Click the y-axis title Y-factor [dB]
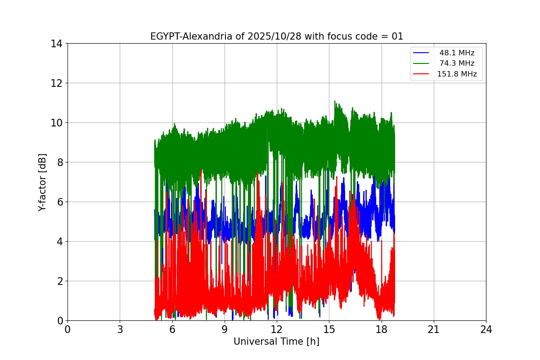click(42, 182)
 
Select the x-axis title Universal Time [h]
click(276, 342)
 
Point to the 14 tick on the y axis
click(56, 44)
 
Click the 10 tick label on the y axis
click(56, 123)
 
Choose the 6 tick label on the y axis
click(59, 202)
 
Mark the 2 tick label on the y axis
click(59, 281)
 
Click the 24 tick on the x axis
click(486, 329)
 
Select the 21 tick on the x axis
click(434, 329)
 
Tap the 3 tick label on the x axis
click(120, 329)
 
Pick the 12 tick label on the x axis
click(277, 329)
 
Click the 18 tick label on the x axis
click(382, 329)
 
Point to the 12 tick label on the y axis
click(56, 83)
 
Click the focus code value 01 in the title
click(397, 36)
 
